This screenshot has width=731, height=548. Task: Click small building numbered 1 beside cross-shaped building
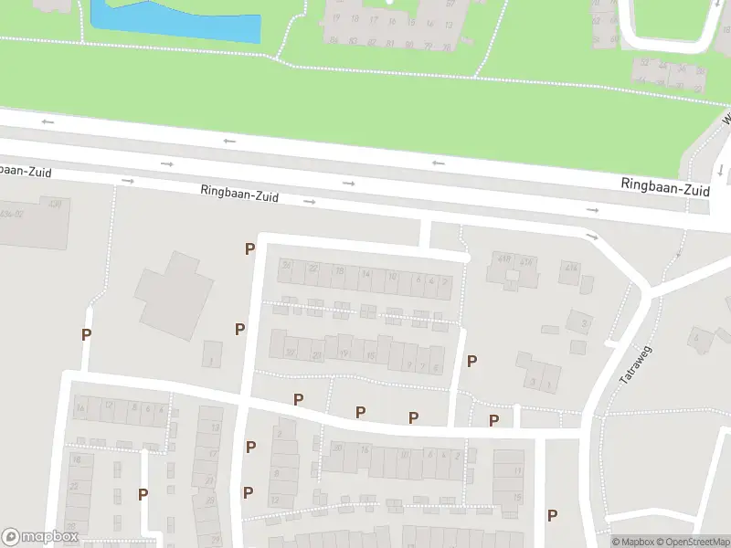coord(212,354)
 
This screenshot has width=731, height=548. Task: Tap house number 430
coord(55,204)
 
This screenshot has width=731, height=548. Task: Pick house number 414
coord(571,268)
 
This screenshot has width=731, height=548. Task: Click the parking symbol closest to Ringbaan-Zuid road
coord(249,248)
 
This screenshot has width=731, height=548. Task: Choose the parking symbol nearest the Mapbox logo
coord(143,494)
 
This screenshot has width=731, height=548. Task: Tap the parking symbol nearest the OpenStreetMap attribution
coord(552,515)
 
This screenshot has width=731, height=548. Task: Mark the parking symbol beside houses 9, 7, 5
coord(471,361)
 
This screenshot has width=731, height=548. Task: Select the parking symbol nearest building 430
coord(86,334)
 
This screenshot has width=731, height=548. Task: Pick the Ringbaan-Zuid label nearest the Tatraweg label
coord(665,186)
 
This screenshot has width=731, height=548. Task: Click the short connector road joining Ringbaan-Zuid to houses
coord(425,234)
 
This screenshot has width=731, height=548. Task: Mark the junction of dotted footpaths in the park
coord(277,59)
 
